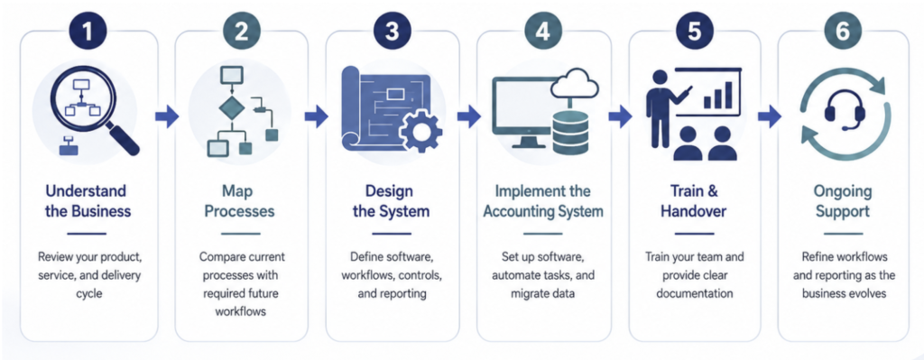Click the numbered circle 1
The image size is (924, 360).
point(88,32)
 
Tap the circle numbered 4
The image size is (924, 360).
point(542,32)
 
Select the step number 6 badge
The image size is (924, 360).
point(844,32)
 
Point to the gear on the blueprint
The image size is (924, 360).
point(420,132)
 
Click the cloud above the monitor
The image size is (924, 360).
point(575,84)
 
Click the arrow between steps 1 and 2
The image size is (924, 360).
point(167,116)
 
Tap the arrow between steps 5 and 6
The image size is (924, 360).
point(770,116)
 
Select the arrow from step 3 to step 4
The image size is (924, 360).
point(468,116)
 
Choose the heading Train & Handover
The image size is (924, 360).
point(694,201)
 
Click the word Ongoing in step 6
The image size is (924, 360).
point(844,191)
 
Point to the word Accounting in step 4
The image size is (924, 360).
point(518,211)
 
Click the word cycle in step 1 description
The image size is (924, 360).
point(88,293)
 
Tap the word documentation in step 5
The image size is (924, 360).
point(694,293)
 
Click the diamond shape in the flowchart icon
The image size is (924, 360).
point(230,109)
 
